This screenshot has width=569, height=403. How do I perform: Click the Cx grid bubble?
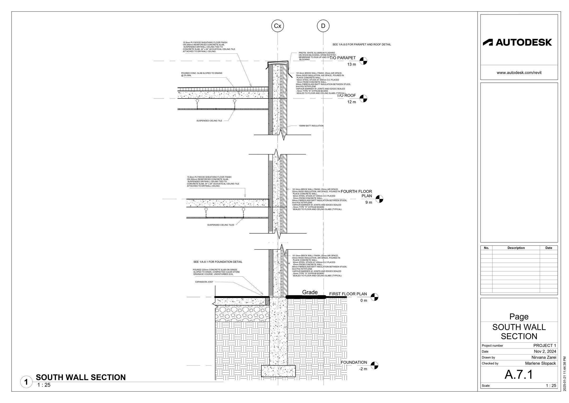click(278, 26)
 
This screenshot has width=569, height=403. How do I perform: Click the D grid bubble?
click(323, 26)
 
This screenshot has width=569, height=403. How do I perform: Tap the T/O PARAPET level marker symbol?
click(363, 61)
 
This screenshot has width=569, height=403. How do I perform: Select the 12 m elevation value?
click(351, 102)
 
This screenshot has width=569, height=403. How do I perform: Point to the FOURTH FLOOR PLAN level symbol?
click(379, 199)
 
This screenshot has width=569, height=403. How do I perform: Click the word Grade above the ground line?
click(310, 292)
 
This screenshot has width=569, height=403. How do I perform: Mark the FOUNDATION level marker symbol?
click(374, 365)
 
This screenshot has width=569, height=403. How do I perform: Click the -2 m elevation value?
click(363, 369)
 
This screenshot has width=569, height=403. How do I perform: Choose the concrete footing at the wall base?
click(278, 371)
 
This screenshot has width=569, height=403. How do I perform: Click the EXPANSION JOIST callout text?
click(204, 282)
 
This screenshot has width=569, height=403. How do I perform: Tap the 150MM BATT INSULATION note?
click(311, 126)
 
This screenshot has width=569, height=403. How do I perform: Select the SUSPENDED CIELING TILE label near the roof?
click(209, 121)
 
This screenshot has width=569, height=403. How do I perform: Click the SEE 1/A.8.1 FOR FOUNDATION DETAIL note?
click(218, 262)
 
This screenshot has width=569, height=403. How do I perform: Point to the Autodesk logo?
click(517, 42)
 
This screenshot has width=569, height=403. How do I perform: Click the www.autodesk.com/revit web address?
click(519, 73)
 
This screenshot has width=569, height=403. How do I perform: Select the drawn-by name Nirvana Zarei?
click(544, 357)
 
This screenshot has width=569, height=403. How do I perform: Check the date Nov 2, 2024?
click(545, 351)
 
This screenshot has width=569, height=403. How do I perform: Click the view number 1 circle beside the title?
click(26, 382)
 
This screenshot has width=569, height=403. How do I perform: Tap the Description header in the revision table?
click(516, 248)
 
